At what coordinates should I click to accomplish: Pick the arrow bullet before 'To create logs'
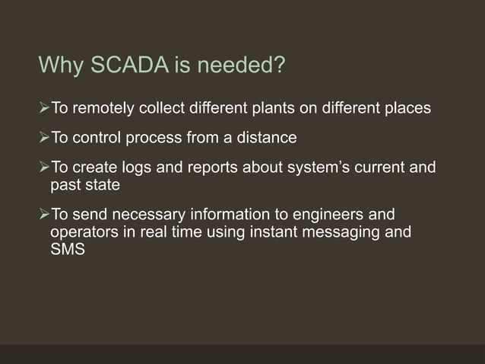43,168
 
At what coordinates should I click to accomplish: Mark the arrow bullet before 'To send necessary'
43,214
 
